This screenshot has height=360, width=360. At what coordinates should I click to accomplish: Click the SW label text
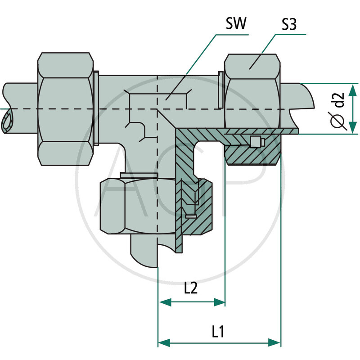[x=237, y=24]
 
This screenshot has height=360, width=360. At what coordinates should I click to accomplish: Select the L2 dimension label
[x=191, y=288]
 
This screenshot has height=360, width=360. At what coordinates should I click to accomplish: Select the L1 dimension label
[x=219, y=332]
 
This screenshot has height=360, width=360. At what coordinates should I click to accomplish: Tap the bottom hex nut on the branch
[x=130, y=205]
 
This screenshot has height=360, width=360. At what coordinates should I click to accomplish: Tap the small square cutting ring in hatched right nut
[x=255, y=142]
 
